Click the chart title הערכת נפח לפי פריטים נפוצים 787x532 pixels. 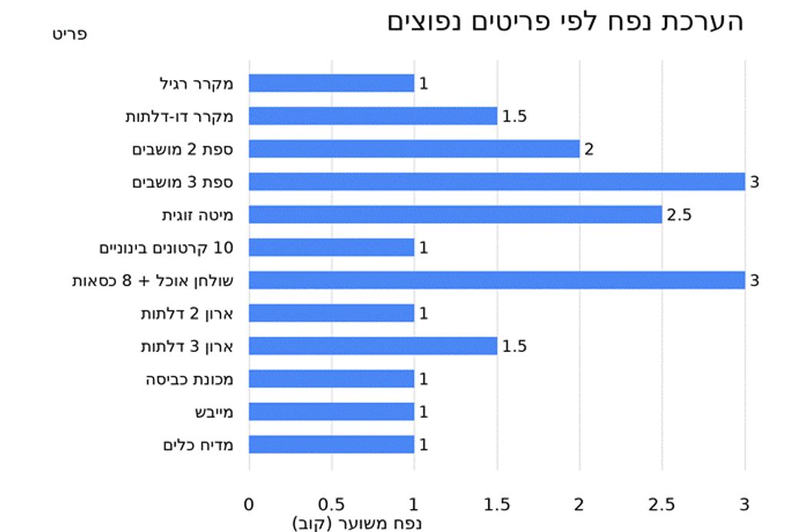click(x=566, y=22)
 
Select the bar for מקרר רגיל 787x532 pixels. click(x=331, y=83)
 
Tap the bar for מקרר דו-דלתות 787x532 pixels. click(x=373, y=116)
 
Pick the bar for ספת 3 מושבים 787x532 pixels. click(x=496, y=181)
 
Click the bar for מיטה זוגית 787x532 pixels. click(x=455, y=214)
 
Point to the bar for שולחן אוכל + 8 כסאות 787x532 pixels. click(x=496, y=280)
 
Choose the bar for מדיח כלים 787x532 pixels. click(x=331, y=444)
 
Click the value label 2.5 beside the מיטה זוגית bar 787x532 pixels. click(x=679, y=215)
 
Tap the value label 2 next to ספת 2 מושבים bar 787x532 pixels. click(x=589, y=149)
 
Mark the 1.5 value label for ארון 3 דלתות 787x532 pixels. click(x=514, y=347)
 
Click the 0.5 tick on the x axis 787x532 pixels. click(x=331, y=504)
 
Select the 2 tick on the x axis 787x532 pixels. click(x=579, y=504)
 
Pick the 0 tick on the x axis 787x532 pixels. click(x=249, y=504)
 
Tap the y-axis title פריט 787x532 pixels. click(x=69, y=35)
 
